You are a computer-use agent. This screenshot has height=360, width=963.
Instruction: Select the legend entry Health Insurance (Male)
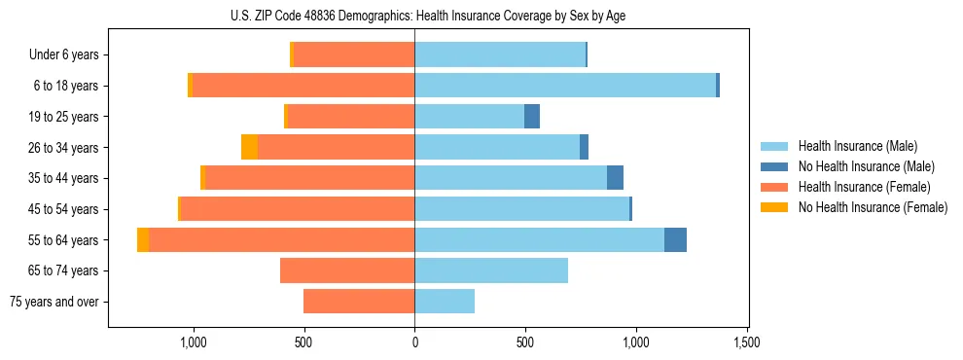click(857, 146)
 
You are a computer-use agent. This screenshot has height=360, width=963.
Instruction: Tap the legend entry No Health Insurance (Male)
click(866, 166)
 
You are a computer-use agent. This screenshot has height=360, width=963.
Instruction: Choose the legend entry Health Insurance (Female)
click(864, 187)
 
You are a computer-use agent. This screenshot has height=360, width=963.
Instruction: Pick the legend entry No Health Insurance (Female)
click(873, 207)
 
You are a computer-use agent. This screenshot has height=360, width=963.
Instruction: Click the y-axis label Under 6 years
click(64, 54)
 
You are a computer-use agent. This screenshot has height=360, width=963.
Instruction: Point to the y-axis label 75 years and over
click(54, 302)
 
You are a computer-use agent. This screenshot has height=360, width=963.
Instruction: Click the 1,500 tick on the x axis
click(747, 343)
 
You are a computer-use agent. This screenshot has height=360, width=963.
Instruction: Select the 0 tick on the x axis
click(414, 343)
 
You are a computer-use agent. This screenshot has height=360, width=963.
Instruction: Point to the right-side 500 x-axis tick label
click(525, 343)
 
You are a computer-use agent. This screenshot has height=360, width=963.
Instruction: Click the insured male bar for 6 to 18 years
click(565, 86)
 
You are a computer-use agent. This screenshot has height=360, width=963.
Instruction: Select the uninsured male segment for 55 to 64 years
click(675, 240)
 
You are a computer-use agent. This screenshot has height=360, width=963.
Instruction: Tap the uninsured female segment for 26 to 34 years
click(249, 147)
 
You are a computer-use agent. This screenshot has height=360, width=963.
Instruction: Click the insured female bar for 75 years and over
click(359, 302)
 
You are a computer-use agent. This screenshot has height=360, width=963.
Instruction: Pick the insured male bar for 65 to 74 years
click(491, 270)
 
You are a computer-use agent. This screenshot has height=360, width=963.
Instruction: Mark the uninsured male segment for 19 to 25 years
click(532, 117)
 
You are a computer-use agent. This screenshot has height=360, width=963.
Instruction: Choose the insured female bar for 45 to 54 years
click(298, 209)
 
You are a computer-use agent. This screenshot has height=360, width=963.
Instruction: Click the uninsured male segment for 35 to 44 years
click(615, 178)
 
